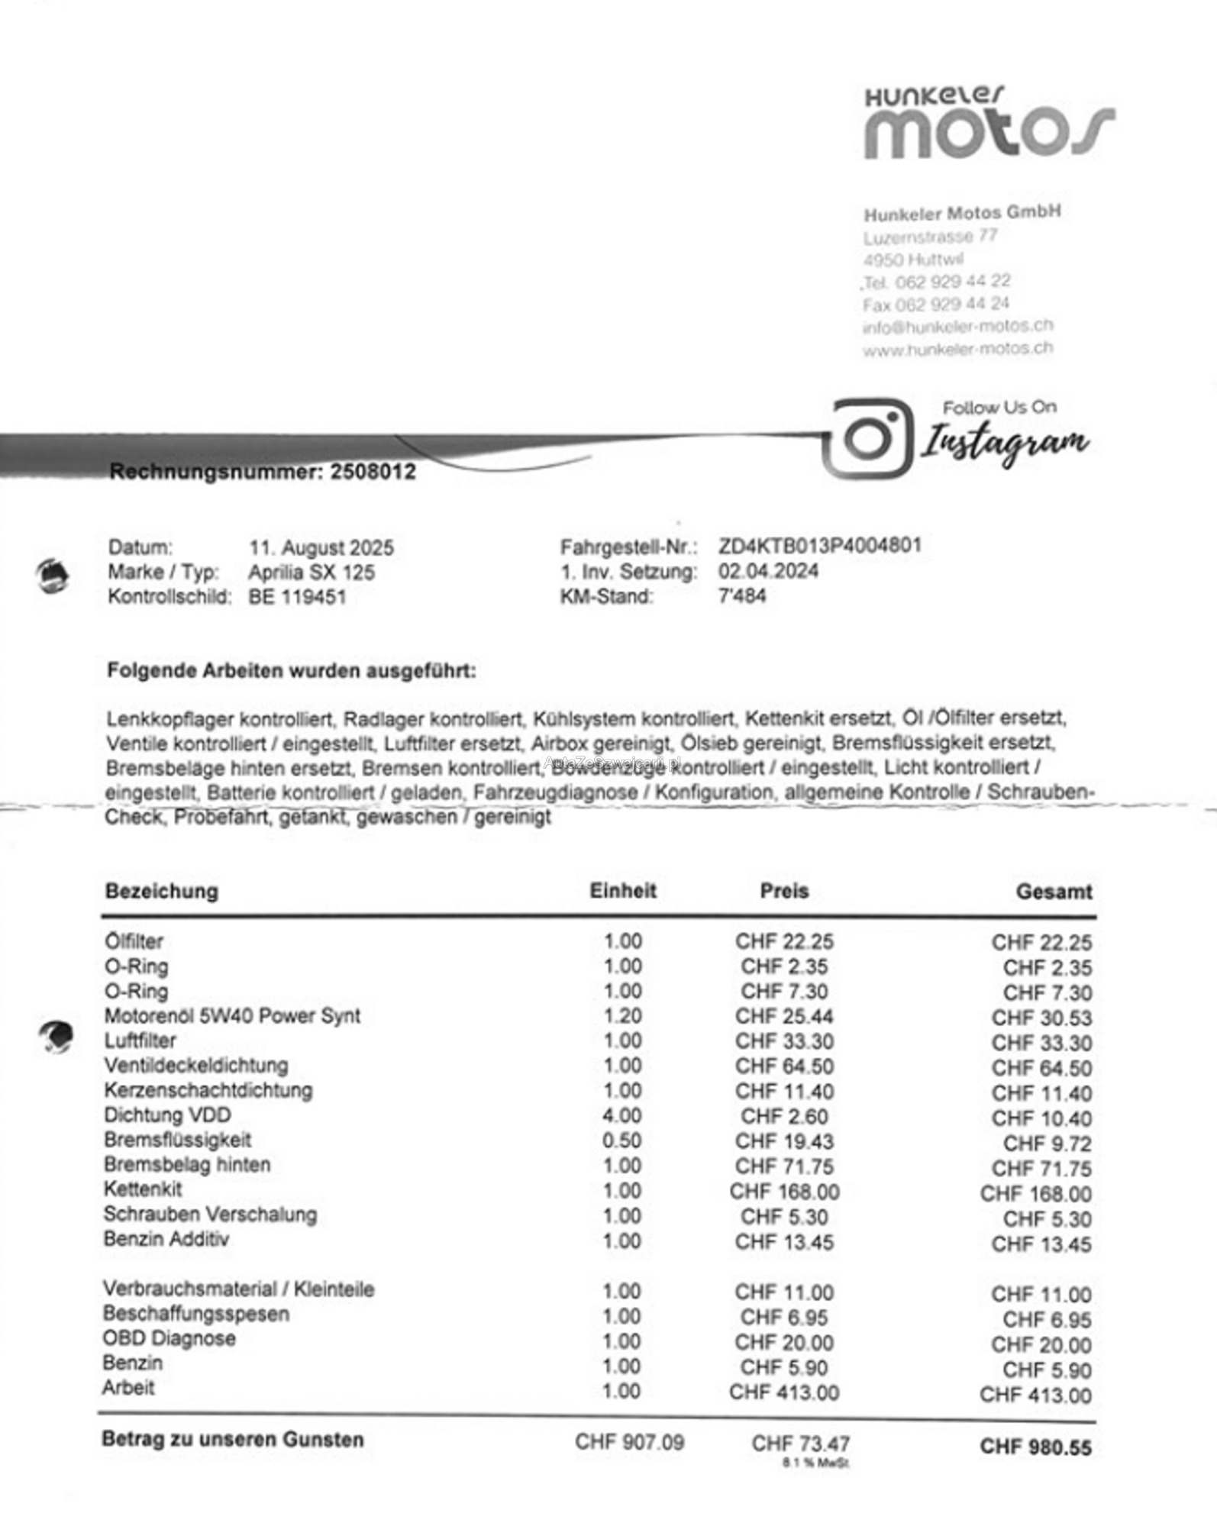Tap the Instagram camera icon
pos(869,438)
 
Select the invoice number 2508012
pos(373,472)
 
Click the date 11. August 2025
pos(321,548)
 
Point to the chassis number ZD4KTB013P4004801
pos(819,546)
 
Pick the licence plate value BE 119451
pos(297,597)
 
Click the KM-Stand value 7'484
pos(741,596)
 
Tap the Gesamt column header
pos(1054,892)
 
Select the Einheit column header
pos(622,891)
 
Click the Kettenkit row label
pos(143,1189)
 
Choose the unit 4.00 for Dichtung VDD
pos(621,1116)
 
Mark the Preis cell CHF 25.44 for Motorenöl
pos(784,1016)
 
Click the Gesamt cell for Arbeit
pos(1035,1395)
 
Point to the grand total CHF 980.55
pos(1035,1447)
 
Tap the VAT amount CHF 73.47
pos(800,1444)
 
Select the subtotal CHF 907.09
pos(629,1442)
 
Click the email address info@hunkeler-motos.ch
pos(957,327)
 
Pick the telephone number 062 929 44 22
pos(952,282)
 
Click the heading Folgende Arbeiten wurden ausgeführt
pos(291,671)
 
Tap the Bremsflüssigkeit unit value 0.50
pos(621,1141)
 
